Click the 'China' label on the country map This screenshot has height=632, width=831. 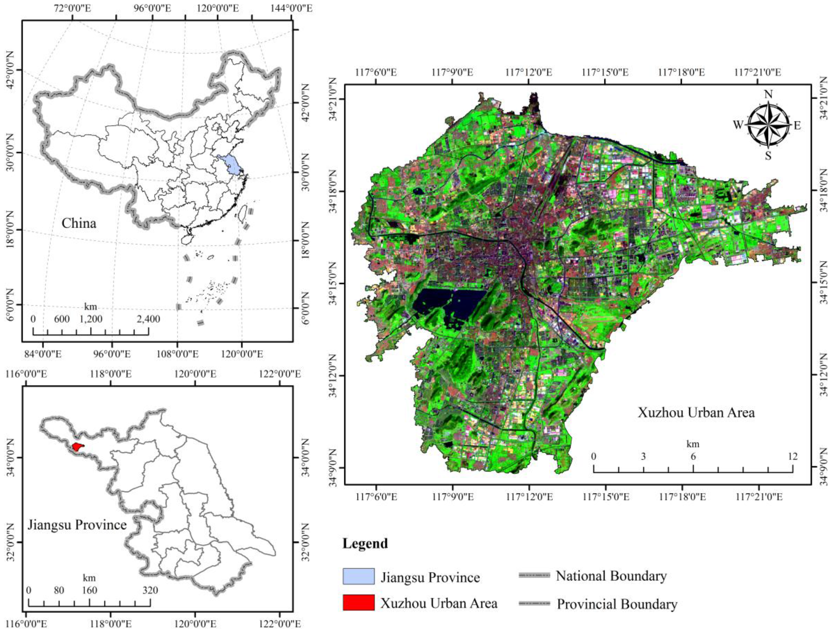[x=79, y=223]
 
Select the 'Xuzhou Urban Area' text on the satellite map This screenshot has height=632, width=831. [x=696, y=413]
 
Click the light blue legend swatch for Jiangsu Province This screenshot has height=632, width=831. [x=358, y=576]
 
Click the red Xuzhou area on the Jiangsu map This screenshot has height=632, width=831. [x=77, y=447]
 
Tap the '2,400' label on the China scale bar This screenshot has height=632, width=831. [x=148, y=319]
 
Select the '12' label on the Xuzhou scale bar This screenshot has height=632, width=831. [x=793, y=456]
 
